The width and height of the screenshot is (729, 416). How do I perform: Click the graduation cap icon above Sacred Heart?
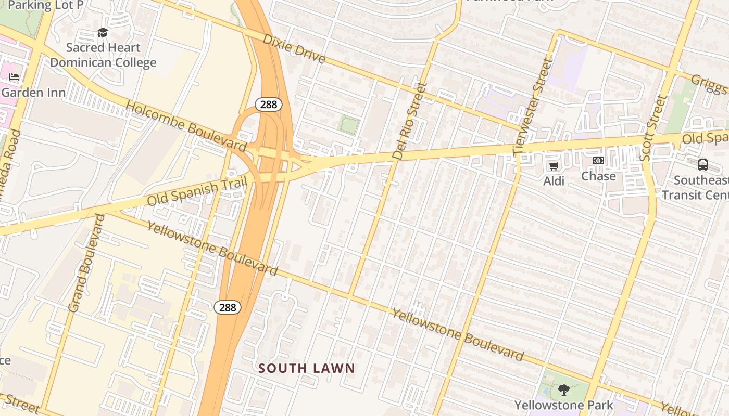click(x=103, y=33)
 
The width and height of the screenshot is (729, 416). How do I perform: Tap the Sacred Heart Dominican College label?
click(x=103, y=55)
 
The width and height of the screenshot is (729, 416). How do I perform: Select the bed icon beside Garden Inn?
click(x=14, y=77)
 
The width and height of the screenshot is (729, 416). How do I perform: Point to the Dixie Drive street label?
click(x=294, y=48)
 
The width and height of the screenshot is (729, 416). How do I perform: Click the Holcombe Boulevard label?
click(x=186, y=126)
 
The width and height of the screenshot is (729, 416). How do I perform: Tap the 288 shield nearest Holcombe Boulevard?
click(x=268, y=105)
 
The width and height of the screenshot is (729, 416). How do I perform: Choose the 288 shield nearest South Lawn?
click(x=228, y=307)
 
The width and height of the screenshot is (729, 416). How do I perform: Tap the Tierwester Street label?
click(x=532, y=107)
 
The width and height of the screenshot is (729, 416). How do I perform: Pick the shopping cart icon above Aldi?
click(x=554, y=166)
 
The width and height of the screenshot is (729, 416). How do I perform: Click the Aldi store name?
click(x=554, y=180)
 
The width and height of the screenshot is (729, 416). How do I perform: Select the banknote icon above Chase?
click(x=598, y=161)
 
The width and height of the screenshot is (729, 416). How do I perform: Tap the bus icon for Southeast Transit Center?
click(x=703, y=165)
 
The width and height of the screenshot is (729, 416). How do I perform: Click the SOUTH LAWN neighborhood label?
click(x=307, y=368)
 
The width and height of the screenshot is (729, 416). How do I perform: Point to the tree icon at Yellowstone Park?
click(x=563, y=389)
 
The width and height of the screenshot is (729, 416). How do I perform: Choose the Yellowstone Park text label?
click(x=564, y=405)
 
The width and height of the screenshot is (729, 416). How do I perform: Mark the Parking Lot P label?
click(x=46, y=5)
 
